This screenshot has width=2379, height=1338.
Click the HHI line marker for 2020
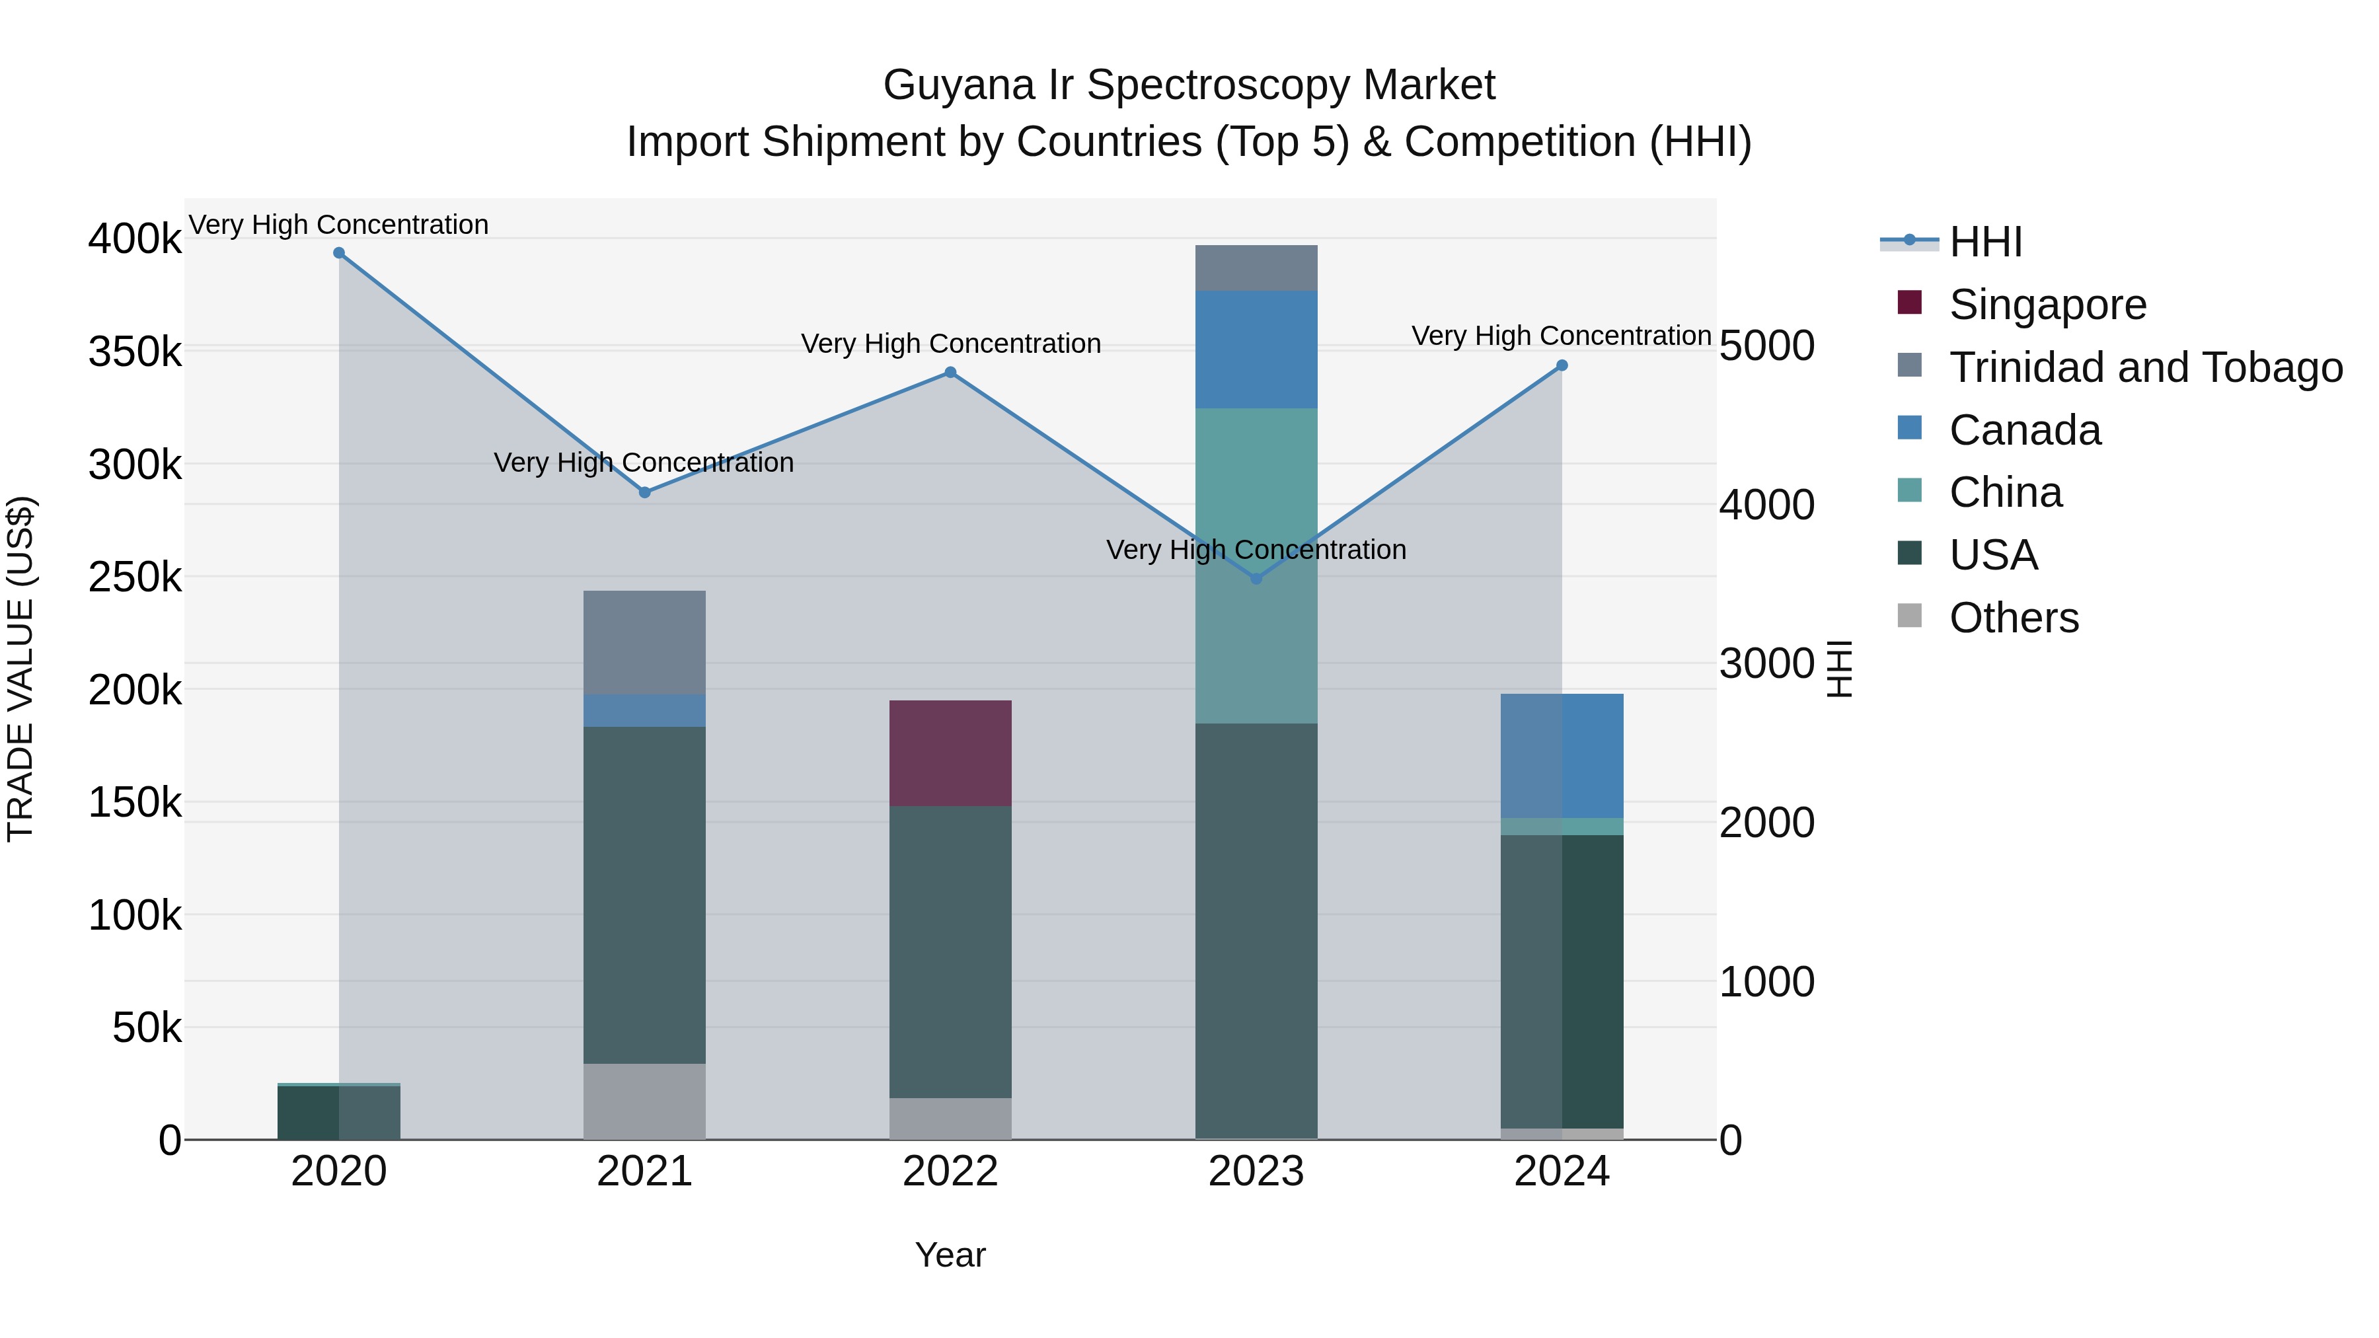339,253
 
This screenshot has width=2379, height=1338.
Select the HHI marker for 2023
1256,578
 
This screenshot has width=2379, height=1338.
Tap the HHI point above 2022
950,373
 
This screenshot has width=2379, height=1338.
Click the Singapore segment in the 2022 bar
950,753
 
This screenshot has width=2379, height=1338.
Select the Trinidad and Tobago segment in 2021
644,643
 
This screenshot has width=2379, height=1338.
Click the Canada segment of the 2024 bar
1562,755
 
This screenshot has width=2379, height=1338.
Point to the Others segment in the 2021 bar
644,1101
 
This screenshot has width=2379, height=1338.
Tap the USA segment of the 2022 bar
950,951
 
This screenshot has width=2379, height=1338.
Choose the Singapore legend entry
2047,305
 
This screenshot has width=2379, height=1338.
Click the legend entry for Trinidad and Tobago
2145,367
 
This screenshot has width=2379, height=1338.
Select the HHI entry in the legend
1986,242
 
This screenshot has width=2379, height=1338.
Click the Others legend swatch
1909,616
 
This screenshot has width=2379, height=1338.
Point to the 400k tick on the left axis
135,239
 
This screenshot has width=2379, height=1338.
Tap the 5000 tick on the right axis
1766,346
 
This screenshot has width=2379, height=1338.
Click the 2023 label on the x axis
1256,1171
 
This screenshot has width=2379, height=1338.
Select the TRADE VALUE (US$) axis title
21,669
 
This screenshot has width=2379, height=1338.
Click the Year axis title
950,1255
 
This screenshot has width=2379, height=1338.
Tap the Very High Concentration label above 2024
1561,336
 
